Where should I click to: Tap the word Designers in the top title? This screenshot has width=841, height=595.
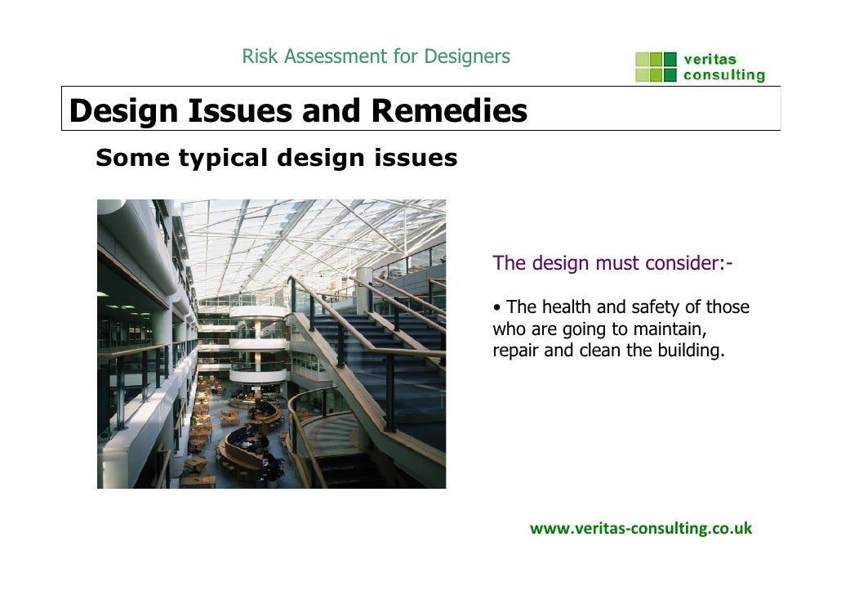(467, 56)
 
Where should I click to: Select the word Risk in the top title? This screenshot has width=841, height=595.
(256, 56)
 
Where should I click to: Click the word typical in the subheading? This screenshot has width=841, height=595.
(224, 158)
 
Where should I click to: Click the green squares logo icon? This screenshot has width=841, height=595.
(656, 67)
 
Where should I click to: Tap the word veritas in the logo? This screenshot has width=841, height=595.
(710, 60)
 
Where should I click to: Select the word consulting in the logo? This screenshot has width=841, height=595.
(724, 75)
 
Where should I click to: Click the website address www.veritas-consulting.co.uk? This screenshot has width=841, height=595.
(641, 528)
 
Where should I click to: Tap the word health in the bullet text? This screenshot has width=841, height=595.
(567, 308)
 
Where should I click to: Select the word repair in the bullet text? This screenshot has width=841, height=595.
(512, 353)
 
